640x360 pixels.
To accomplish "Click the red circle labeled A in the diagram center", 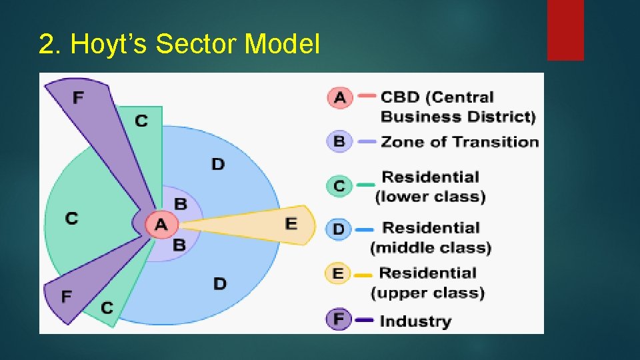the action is click(161, 224).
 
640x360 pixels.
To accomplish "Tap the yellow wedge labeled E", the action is click(280, 224).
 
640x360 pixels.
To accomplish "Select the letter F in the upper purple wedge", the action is click(78, 98).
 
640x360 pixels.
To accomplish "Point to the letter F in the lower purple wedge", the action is click(67, 296).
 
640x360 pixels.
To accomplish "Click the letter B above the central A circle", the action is click(180, 203).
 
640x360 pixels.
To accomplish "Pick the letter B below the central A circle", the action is click(179, 245).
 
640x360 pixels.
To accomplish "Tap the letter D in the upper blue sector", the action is click(218, 163).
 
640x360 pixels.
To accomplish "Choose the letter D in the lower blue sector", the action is click(219, 284).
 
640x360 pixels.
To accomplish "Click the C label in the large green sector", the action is click(71, 218).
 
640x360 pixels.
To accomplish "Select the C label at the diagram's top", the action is click(141, 121).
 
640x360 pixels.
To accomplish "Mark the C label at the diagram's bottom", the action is click(107, 307).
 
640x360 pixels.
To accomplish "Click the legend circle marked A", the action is click(339, 97).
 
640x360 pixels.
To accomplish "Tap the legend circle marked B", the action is click(339, 141).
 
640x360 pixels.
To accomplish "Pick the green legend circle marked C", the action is click(339, 185).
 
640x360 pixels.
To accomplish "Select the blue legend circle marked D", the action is click(339, 229).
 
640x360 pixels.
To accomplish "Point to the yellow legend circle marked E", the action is click(338, 274).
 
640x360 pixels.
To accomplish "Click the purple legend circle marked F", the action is click(339, 319).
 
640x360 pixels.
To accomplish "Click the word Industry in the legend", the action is click(415, 321).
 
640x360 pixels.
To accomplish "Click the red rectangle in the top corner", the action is click(565, 30).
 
